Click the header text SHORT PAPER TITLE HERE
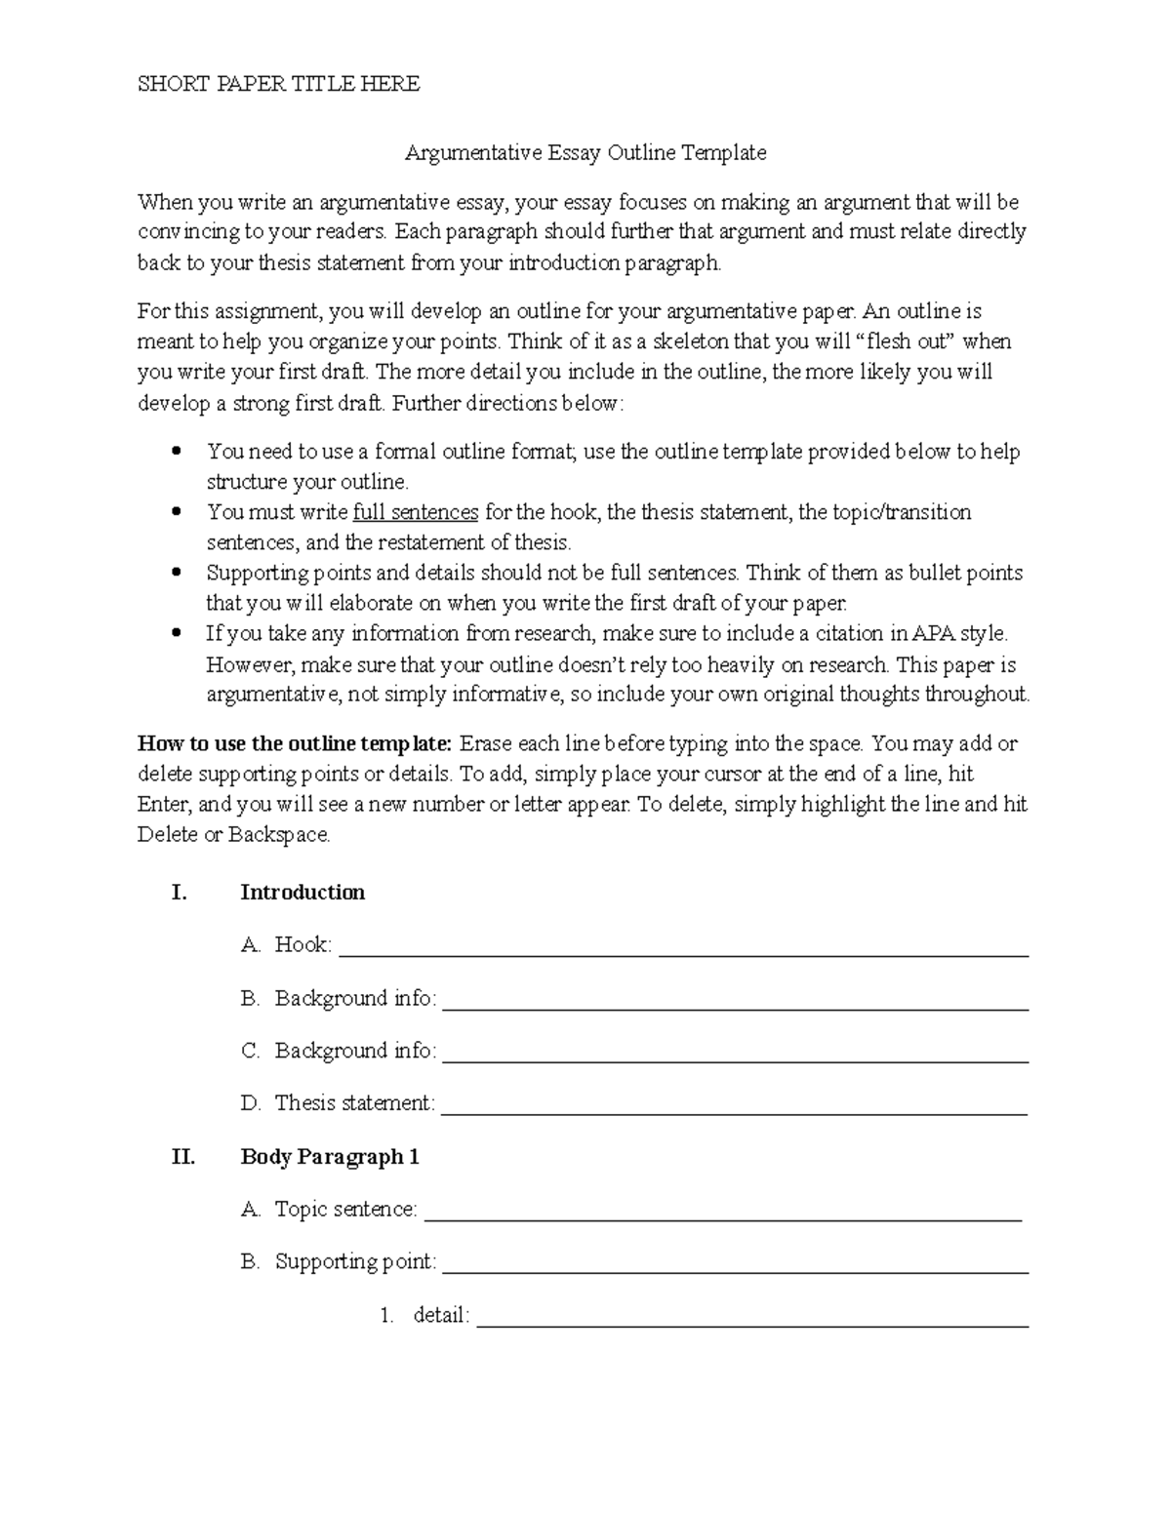[x=278, y=84]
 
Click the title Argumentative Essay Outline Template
[x=585, y=152]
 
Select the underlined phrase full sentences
[x=416, y=512]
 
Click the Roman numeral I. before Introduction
[x=179, y=893]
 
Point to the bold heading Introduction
[x=303, y=893]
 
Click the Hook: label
[x=303, y=944]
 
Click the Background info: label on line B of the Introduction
[x=355, y=998]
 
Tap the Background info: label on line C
[x=355, y=1051]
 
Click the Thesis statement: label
[x=354, y=1103]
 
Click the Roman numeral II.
[x=182, y=1157]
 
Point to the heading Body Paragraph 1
[x=330, y=1157]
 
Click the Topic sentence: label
[x=345, y=1210]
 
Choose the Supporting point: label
[x=355, y=1261]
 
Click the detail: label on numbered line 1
[x=441, y=1315]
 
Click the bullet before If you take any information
[x=177, y=633]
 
